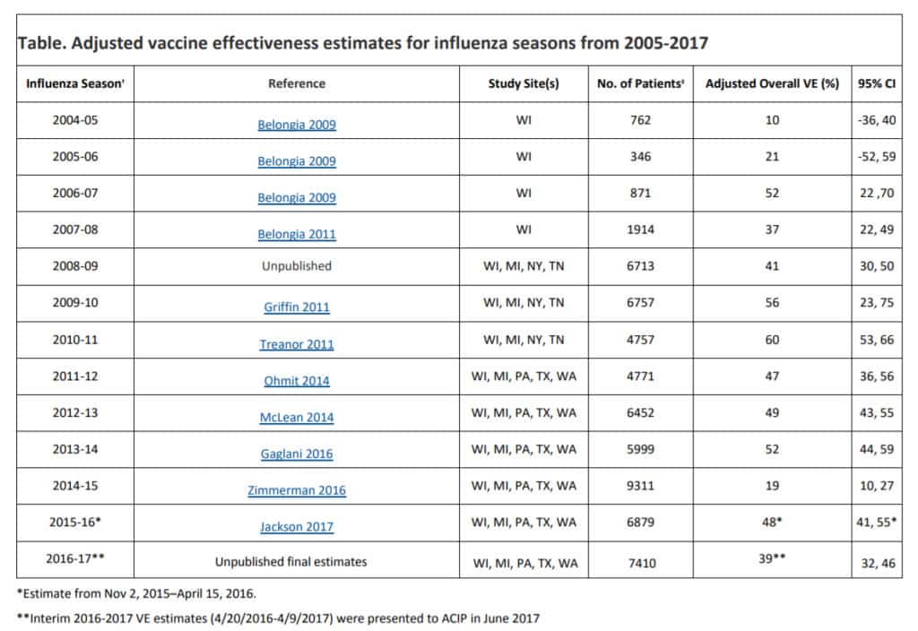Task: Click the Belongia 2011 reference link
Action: pyautogui.click(x=297, y=234)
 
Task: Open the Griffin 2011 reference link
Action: pyautogui.click(x=297, y=307)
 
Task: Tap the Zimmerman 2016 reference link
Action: pyautogui.click(x=297, y=490)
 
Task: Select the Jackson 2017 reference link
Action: pyautogui.click(x=297, y=526)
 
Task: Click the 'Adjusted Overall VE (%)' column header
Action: pyautogui.click(x=772, y=83)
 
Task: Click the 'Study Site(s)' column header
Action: pyautogui.click(x=524, y=83)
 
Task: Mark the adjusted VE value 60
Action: pyautogui.click(x=772, y=340)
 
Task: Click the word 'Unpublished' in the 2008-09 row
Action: pyautogui.click(x=297, y=266)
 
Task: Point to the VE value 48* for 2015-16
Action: pyautogui.click(x=772, y=522)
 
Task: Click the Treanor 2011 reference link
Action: pyautogui.click(x=297, y=343)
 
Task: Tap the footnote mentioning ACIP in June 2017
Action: pyautogui.click(x=278, y=617)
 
